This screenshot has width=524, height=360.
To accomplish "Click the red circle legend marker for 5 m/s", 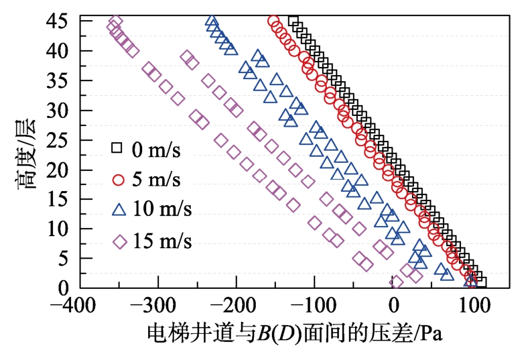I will pyautogui.click(x=119, y=179).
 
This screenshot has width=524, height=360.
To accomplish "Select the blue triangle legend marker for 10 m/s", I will pyautogui.click(x=119, y=209).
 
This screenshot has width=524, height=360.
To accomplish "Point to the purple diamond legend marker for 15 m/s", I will pyautogui.click(x=119, y=241).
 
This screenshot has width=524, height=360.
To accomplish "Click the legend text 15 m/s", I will pyautogui.click(x=161, y=241).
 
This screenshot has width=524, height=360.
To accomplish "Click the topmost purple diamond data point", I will pyautogui.click(x=115, y=22).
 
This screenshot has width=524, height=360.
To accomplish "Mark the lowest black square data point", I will pyautogui.click(x=480, y=282).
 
